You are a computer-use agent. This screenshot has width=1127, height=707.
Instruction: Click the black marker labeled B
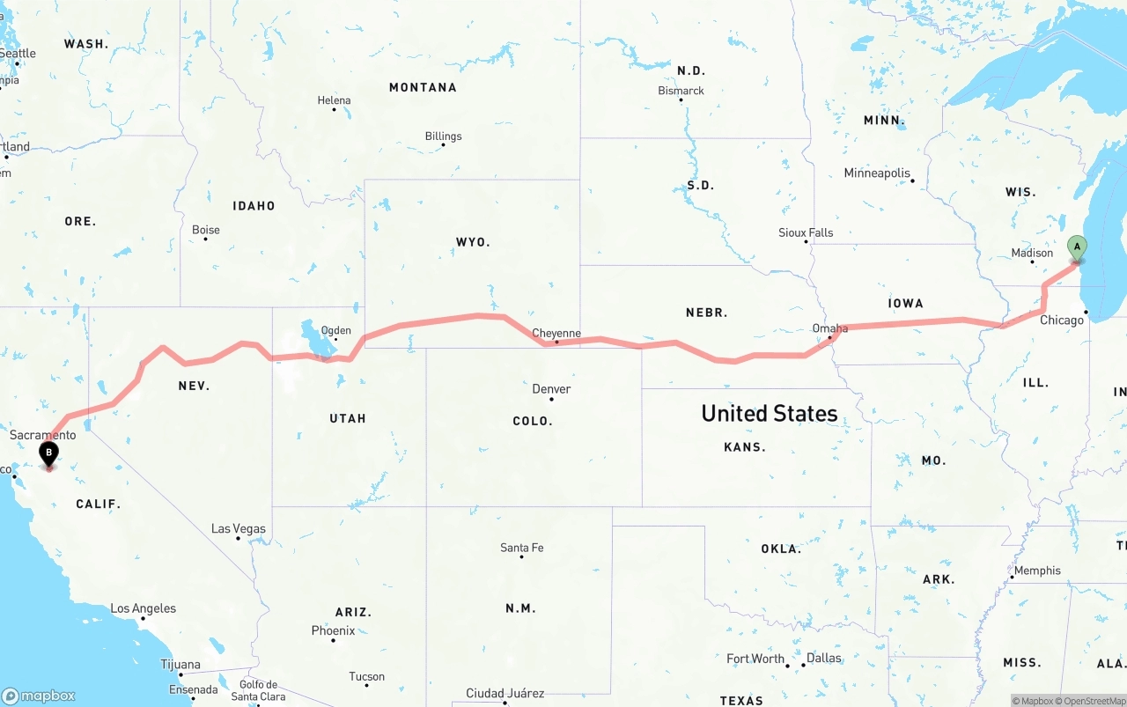[x=49, y=453]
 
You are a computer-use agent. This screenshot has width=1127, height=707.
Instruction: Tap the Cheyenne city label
[x=556, y=333]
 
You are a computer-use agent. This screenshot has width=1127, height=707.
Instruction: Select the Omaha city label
[x=830, y=328]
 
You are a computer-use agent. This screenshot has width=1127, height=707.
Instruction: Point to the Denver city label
[x=551, y=389]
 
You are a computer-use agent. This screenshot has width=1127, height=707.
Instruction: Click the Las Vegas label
[x=239, y=529]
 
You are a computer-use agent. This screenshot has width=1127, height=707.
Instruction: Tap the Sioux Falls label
[x=806, y=232]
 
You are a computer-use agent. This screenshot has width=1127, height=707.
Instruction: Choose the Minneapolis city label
[x=877, y=173]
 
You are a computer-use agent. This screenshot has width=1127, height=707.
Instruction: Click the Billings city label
[x=443, y=136]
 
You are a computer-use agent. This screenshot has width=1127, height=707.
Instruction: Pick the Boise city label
[x=206, y=230]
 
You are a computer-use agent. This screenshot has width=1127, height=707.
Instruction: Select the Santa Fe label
[x=521, y=548]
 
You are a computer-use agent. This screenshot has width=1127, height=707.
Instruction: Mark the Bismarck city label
[x=681, y=91]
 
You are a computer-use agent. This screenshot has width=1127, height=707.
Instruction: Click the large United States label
[x=769, y=413]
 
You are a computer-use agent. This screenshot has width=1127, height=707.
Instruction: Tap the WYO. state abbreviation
[x=473, y=241]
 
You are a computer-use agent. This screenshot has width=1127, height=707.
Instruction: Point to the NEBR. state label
[x=706, y=313]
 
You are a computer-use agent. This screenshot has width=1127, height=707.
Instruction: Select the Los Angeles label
[x=143, y=608]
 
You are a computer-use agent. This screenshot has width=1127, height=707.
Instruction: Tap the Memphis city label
[x=1037, y=571]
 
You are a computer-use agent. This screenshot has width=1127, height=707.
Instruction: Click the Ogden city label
[x=335, y=331]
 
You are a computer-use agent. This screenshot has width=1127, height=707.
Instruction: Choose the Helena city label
[x=334, y=100]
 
